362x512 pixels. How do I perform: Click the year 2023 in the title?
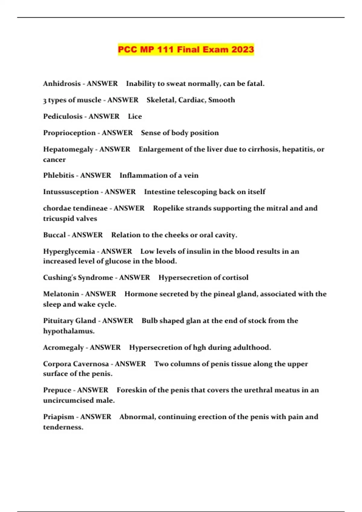point(243,49)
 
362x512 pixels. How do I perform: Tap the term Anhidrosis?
point(62,83)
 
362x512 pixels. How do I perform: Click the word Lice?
point(135,117)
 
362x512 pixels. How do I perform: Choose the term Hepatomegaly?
point(68,149)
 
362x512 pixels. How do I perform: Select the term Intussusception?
point(71,192)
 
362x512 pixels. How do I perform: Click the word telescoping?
point(197,192)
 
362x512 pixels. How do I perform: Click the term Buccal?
point(54,235)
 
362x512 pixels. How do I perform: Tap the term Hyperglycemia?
point(69,251)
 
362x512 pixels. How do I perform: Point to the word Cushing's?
point(59,278)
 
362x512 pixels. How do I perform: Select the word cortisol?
point(235,278)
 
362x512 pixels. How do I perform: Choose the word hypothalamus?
point(68,331)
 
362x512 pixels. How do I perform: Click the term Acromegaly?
point(63,348)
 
